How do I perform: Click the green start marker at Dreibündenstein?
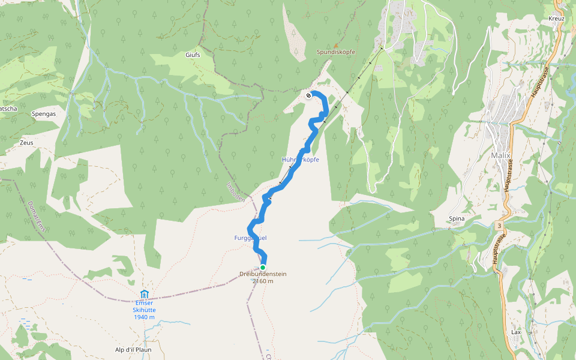pyautogui.click(x=263, y=267)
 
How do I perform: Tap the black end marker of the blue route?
pyautogui.click(x=308, y=95)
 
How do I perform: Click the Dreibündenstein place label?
pyautogui.click(x=263, y=274)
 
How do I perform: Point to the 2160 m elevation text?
pyautogui.click(x=263, y=281)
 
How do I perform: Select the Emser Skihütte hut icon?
pyautogui.click(x=144, y=294)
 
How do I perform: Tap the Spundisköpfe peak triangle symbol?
pyautogui.click(x=336, y=46)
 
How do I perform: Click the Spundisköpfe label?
pyautogui.click(x=336, y=52)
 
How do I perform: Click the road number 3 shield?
pyautogui.click(x=499, y=225)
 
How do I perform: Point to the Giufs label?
pyautogui.click(x=193, y=55)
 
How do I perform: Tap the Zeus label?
pyautogui.click(x=26, y=143)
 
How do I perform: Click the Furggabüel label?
pyautogui.click(x=250, y=238)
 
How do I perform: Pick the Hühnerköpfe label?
pyautogui.click(x=300, y=160)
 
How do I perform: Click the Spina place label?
pyautogui.click(x=457, y=219)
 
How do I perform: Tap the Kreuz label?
pyautogui.click(x=557, y=19)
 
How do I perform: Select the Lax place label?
pyautogui.click(x=516, y=332)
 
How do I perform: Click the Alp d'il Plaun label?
pyautogui.click(x=133, y=349)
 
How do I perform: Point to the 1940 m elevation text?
pyautogui.click(x=144, y=317)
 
